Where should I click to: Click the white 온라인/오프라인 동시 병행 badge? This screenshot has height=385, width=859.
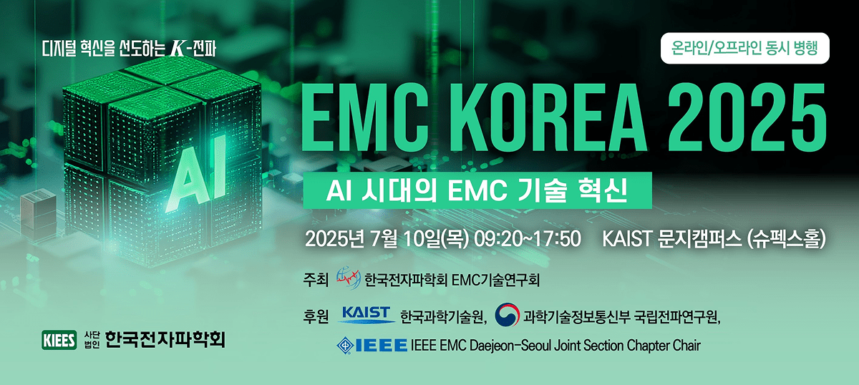point(744,49)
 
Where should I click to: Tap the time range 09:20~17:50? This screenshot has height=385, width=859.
point(527,238)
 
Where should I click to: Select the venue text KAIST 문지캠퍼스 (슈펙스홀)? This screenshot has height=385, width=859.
point(715,238)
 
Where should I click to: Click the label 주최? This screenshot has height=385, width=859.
point(316,278)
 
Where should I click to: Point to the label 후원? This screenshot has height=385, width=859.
point(316,316)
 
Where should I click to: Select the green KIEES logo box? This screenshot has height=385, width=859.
point(60,339)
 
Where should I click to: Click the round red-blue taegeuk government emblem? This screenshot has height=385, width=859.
point(507,315)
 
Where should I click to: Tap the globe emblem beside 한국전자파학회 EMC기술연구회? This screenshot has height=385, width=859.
point(348,278)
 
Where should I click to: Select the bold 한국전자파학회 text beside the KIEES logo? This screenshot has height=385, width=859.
point(165,339)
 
